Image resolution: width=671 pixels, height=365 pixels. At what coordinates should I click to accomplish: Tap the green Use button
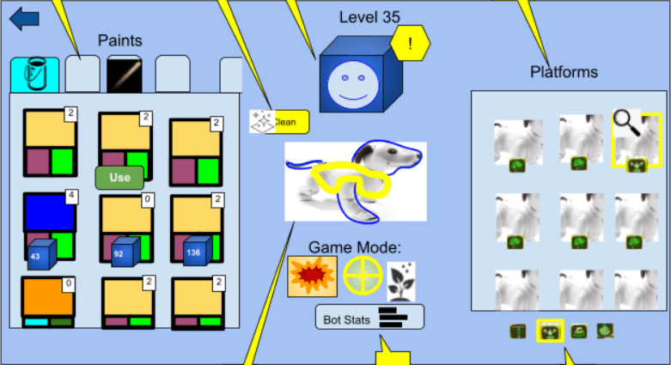point(119,178)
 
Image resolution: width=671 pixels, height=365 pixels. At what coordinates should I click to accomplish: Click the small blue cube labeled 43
point(40,254)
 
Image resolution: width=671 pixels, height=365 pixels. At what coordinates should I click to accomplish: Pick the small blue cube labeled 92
point(125,252)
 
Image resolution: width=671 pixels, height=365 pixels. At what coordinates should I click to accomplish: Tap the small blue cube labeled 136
point(197,252)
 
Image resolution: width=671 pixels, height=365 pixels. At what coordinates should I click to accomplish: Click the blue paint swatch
point(49,212)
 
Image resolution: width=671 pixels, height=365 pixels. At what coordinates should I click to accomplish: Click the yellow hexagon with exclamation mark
point(410,45)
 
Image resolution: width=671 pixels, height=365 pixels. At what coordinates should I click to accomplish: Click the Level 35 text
point(369,16)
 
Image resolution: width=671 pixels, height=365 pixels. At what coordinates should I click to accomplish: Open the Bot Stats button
point(369,317)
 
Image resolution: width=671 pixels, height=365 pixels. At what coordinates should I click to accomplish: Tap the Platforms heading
point(564,71)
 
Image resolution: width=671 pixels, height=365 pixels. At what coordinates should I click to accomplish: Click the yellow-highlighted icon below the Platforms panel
point(550,331)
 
